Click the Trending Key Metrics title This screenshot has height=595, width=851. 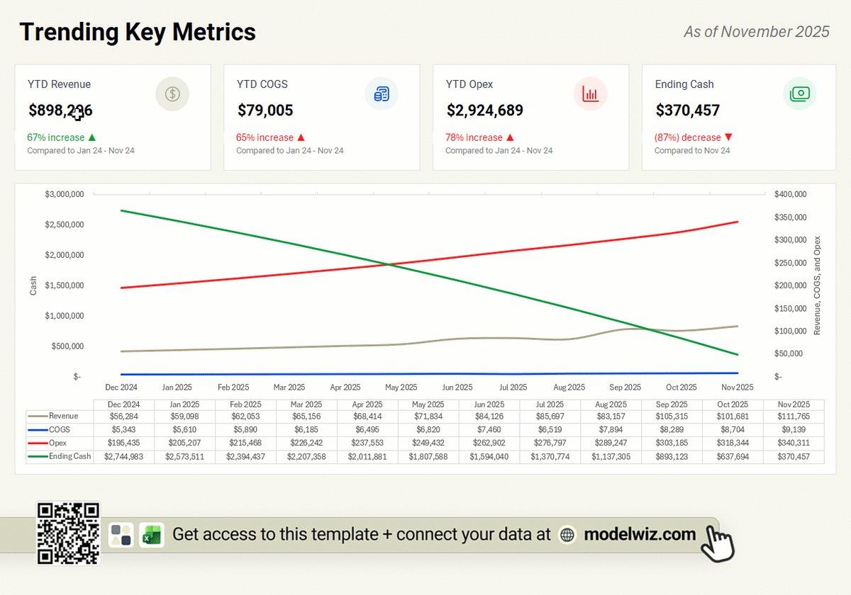pyautogui.click(x=137, y=32)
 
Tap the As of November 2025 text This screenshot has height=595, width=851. pyautogui.click(x=756, y=32)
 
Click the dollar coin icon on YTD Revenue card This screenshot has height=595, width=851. pyautogui.click(x=172, y=93)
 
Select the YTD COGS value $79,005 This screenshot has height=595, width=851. pyautogui.click(x=265, y=110)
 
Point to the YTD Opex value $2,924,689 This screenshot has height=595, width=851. pyautogui.click(x=485, y=110)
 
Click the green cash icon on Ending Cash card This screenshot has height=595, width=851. pyautogui.click(x=799, y=93)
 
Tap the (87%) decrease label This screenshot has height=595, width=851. pyautogui.click(x=687, y=137)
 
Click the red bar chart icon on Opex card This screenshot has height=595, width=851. pyautogui.click(x=590, y=93)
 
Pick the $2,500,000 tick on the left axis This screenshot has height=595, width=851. pyautogui.click(x=65, y=225)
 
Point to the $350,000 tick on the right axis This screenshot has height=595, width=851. pyautogui.click(x=790, y=217)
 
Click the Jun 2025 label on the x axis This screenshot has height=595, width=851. pyautogui.click(x=457, y=387)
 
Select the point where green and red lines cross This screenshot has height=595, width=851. pyautogui.click(x=387, y=265)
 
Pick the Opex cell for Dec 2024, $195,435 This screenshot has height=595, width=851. pyautogui.click(x=123, y=443)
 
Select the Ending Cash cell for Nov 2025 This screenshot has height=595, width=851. pyautogui.click(x=793, y=457)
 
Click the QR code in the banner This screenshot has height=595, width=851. pyautogui.click(x=68, y=533)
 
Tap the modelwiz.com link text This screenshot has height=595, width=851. pyautogui.click(x=640, y=534)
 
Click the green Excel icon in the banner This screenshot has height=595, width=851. pyautogui.click(x=151, y=535)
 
